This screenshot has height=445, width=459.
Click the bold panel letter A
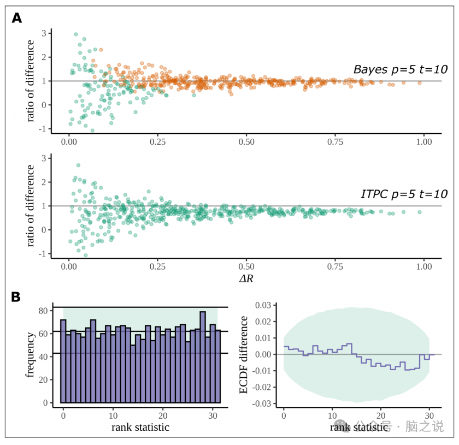[17, 18]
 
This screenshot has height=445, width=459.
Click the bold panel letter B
[16, 297]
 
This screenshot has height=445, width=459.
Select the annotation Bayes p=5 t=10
[401, 69]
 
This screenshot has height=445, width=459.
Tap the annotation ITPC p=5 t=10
[404, 194]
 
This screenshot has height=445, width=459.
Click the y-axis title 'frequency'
[31, 356]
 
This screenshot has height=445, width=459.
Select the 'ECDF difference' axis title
[245, 355]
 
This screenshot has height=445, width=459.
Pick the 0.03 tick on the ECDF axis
[262, 305]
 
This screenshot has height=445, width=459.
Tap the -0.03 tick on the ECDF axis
[261, 404]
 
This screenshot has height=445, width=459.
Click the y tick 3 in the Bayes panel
[44, 33]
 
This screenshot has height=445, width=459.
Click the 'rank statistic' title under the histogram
[140, 427]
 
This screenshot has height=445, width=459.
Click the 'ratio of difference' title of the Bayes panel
[31, 81]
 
